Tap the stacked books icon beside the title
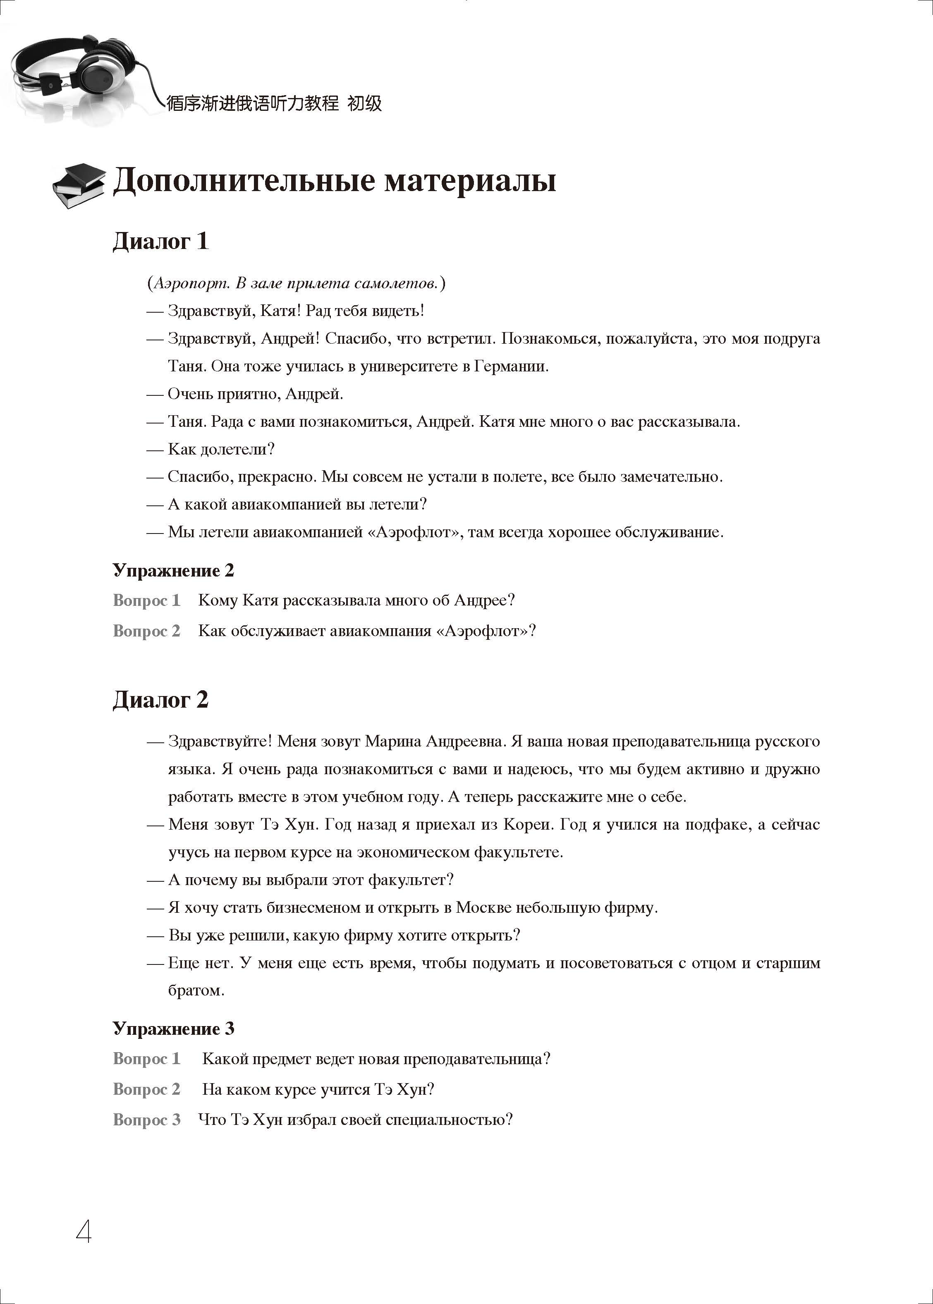click(x=79, y=185)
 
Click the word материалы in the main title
click(x=470, y=182)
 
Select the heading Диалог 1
click(x=160, y=241)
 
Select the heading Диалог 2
click(x=160, y=700)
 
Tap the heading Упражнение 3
click(x=174, y=1028)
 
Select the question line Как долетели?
click(x=221, y=449)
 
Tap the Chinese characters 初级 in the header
click(x=365, y=103)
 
